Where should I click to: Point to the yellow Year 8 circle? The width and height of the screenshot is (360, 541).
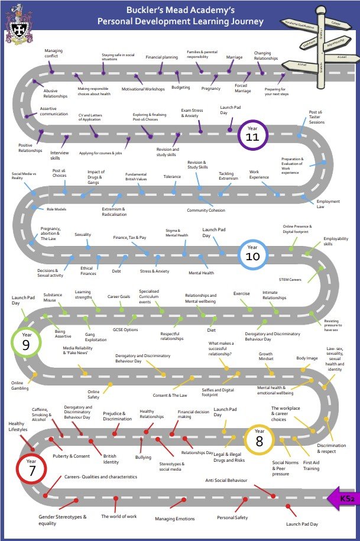tap(260, 439)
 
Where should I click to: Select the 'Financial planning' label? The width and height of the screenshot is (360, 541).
tap(161, 57)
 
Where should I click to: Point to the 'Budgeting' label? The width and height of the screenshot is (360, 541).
tap(180, 87)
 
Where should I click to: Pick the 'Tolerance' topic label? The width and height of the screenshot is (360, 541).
tap(172, 176)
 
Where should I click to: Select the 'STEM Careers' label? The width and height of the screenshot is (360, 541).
tap(290, 279)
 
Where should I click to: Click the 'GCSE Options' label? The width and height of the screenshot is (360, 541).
tap(125, 329)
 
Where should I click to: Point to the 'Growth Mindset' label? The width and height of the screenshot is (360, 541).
tap(265, 357)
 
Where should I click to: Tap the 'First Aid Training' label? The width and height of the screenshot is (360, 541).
tap(311, 465)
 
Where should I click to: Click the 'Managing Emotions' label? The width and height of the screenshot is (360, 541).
tap(174, 519)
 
